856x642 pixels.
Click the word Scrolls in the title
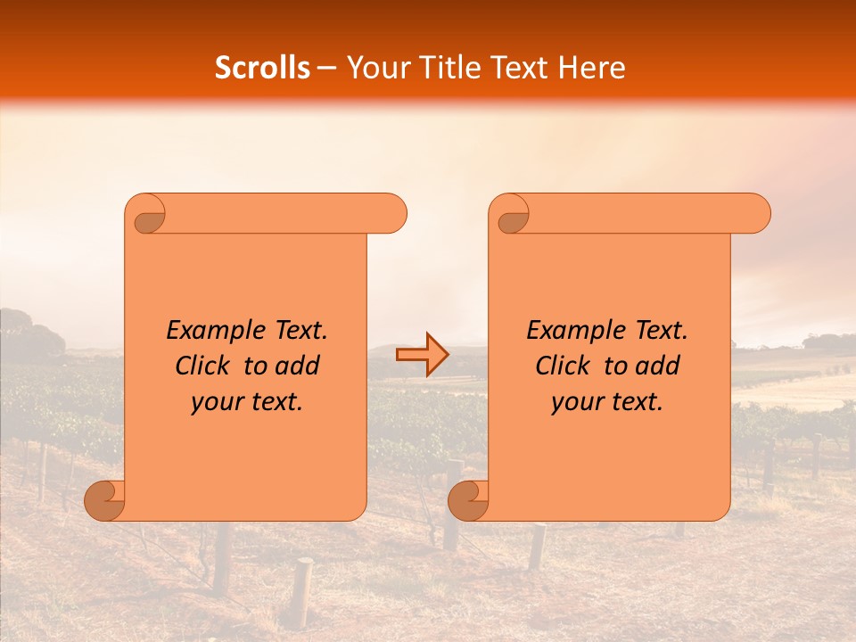pyautogui.click(x=262, y=68)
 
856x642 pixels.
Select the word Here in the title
pyautogui.click(x=592, y=68)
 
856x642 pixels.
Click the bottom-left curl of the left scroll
pyautogui.click(x=105, y=499)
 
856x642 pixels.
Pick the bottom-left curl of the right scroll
pyautogui.click(x=469, y=499)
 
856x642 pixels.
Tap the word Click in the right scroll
pyautogui.click(x=563, y=366)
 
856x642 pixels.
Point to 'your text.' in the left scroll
pyautogui.click(x=247, y=402)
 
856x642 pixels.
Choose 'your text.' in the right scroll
pyautogui.click(x=607, y=402)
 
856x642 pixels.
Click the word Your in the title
pyautogui.click(x=372, y=68)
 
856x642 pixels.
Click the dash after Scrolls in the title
pyautogui.click(x=326, y=69)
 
